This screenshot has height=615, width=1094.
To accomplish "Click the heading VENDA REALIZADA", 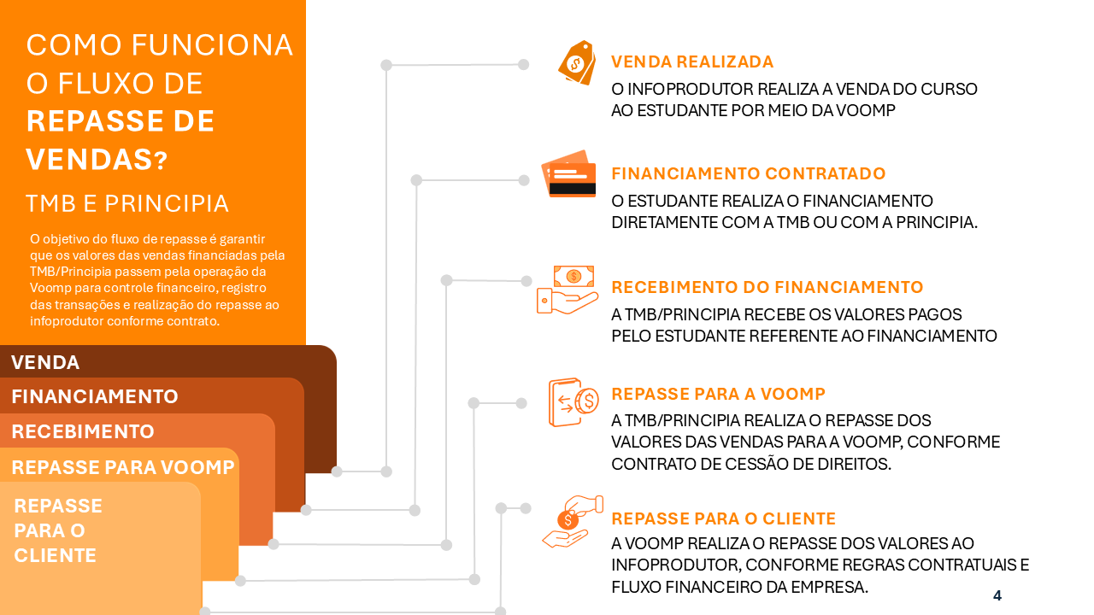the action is (x=692, y=62).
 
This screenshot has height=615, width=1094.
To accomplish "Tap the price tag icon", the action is (x=577, y=62).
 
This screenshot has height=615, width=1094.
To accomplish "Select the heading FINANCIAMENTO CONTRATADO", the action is (x=748, y=174).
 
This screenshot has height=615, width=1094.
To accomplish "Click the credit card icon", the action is (x=568, y=174).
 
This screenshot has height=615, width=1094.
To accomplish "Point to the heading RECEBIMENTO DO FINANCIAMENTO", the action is (x=767, y=288).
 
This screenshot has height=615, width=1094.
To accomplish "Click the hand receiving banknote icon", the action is (x=568, y=290).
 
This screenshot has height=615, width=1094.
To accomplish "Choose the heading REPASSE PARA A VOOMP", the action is (x=718, y=394).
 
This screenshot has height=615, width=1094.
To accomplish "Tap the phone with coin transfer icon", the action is (x=573, y=401).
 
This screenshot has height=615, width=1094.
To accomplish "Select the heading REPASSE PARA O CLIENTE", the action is (x=723, y=519).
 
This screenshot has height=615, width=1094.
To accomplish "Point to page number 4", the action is (x=997, y=596).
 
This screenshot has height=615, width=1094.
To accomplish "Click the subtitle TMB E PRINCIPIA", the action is (x=127, y=204).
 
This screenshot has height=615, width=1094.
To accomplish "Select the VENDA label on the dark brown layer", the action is (x=45, y=363).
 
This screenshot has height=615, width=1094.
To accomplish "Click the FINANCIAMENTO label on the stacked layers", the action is (x=95, y=397).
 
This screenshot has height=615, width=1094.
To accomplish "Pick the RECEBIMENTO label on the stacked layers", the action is (x=83, y=432).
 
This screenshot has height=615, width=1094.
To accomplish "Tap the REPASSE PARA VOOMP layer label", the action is (x=123, y=468).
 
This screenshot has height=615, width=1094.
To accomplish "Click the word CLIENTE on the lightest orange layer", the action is (x=56, y=556).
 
